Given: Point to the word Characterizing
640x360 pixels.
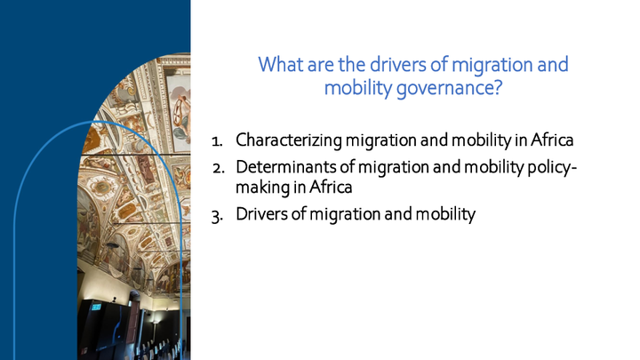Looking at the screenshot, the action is coord(289,140).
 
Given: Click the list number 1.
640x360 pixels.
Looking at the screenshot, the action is coord(217,141).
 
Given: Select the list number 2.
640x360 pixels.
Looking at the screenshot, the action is coord(219,168).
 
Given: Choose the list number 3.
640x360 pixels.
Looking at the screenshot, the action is coord(217,216).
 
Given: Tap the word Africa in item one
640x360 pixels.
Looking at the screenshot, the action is coord(552,140).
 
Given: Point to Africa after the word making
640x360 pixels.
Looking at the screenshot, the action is coord(331,188).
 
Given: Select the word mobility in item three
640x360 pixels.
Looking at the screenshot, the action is coord(445,215).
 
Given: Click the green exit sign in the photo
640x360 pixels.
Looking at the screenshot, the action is coord(96,307).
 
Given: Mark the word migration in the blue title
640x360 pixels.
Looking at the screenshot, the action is coord(492,65).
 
